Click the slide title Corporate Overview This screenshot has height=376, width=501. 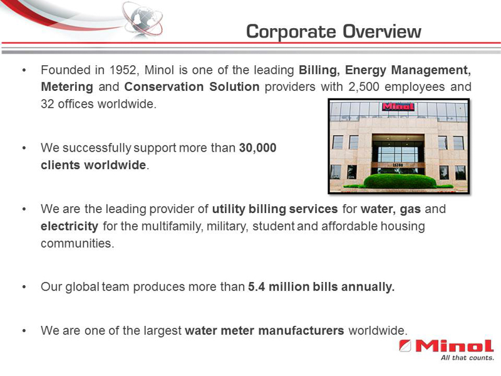point(333,31)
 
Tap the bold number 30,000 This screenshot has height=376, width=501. point(257,149)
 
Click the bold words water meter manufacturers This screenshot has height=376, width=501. point(264,330)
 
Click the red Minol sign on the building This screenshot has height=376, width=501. point(398,107)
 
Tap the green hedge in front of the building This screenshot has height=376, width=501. point(399,181)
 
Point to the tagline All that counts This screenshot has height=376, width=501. point(467,358)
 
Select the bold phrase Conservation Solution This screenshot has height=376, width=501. point(192,86)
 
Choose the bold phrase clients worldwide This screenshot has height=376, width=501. point(93,166)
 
